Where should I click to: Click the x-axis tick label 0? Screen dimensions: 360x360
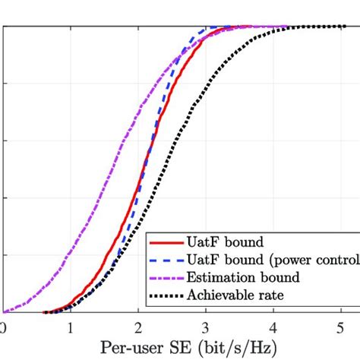(x=3, y=328)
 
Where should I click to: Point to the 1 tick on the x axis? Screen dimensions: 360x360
(x=71, y=328)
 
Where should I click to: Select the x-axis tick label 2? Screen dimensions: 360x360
(x=137, y=328)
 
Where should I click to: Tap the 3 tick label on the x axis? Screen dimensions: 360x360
(x=205, y=328)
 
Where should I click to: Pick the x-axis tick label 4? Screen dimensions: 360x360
(x=273, y=328)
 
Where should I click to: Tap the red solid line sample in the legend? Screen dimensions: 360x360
(x=166, y=244)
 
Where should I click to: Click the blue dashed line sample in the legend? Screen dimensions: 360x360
(x=166, y=261)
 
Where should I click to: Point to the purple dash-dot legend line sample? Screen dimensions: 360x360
(x=166, y=277)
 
